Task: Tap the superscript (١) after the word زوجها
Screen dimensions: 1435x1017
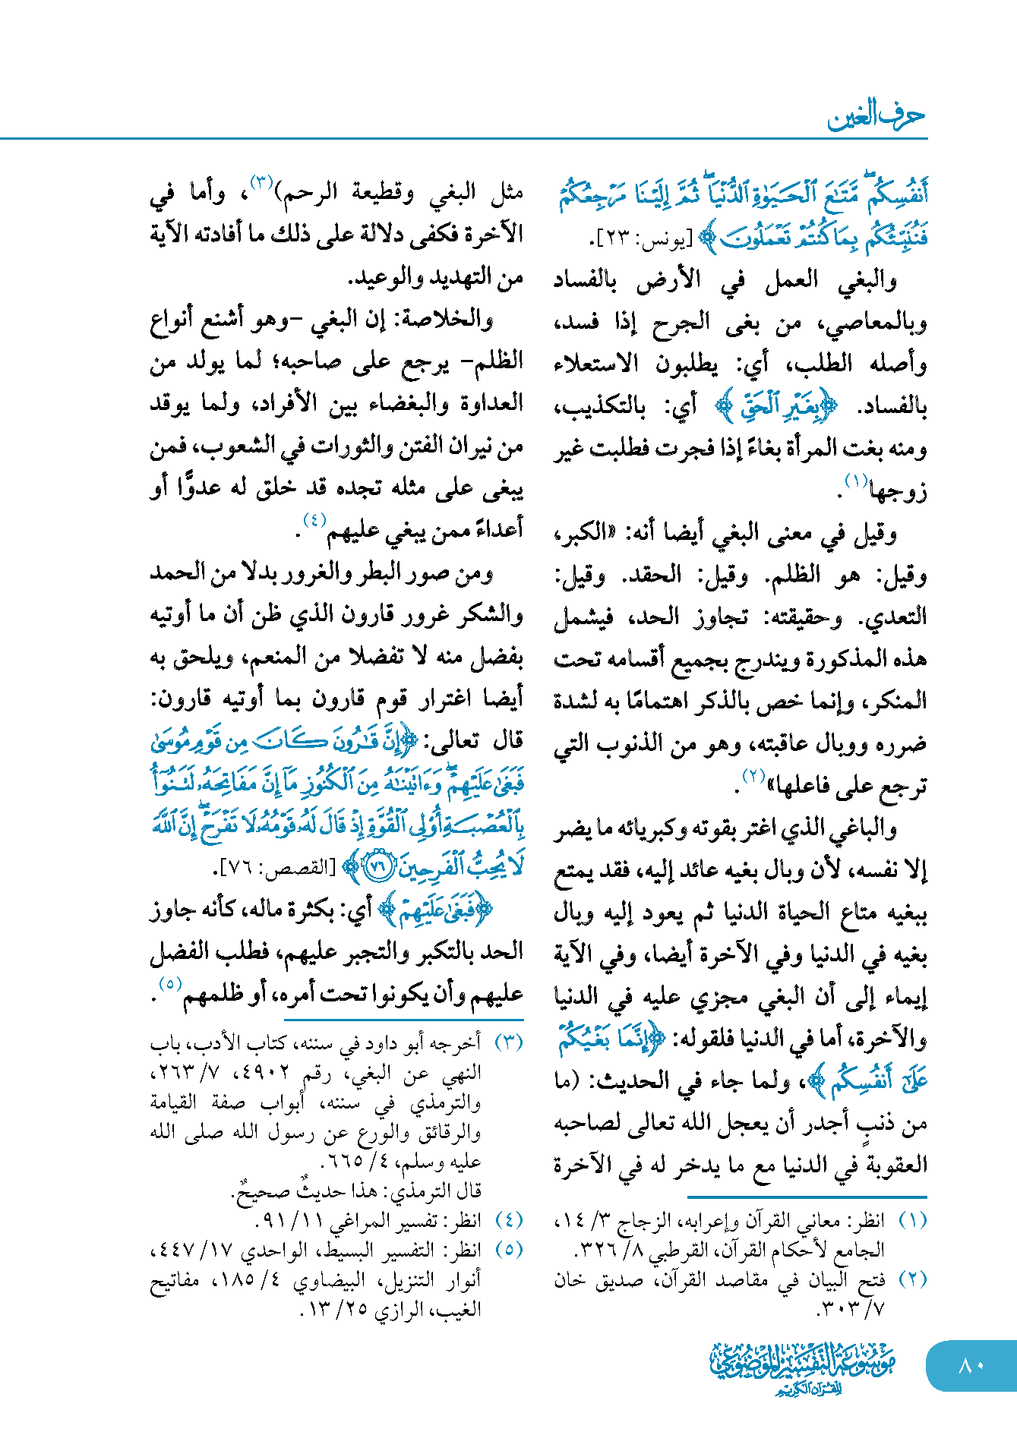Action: [856, 481]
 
